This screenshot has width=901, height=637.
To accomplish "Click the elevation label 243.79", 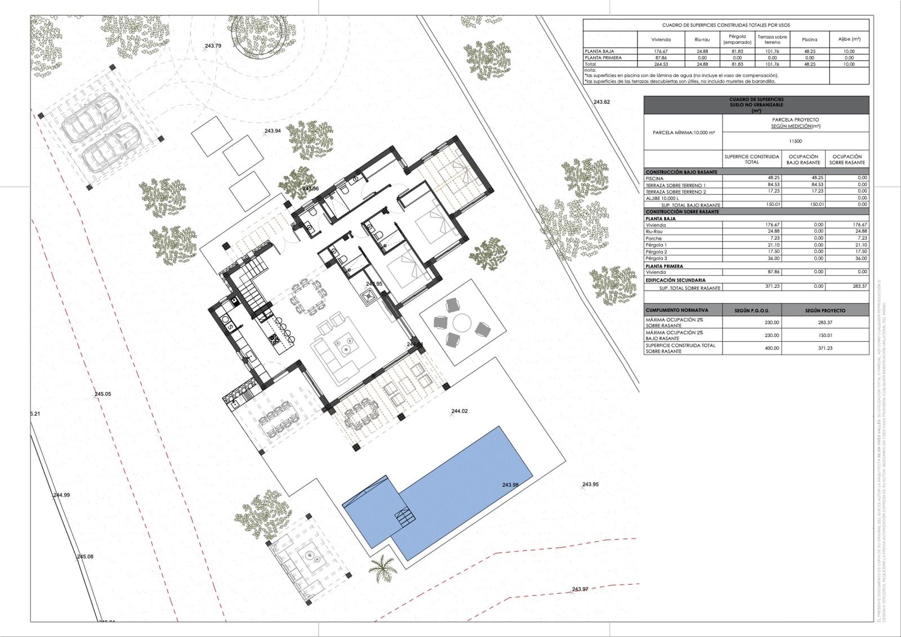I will (213, 46).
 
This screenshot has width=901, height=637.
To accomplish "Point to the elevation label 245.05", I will (103, 394).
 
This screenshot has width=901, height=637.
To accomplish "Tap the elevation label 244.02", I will (460, 411).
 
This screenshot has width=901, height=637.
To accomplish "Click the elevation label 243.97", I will (580, 589).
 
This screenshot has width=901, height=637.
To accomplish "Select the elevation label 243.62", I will (602, 102).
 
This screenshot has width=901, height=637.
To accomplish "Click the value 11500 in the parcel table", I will (795, 141).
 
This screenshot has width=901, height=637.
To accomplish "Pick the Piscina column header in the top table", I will (809, 39).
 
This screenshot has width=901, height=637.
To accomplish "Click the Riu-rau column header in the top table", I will (702, 39).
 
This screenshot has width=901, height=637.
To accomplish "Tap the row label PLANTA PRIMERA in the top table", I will (603, 57).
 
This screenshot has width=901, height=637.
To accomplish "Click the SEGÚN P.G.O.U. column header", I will (751, 310).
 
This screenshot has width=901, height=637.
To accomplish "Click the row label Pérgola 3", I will (656, 259).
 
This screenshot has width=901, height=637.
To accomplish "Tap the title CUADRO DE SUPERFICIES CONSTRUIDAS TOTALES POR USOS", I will (726, 25).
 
